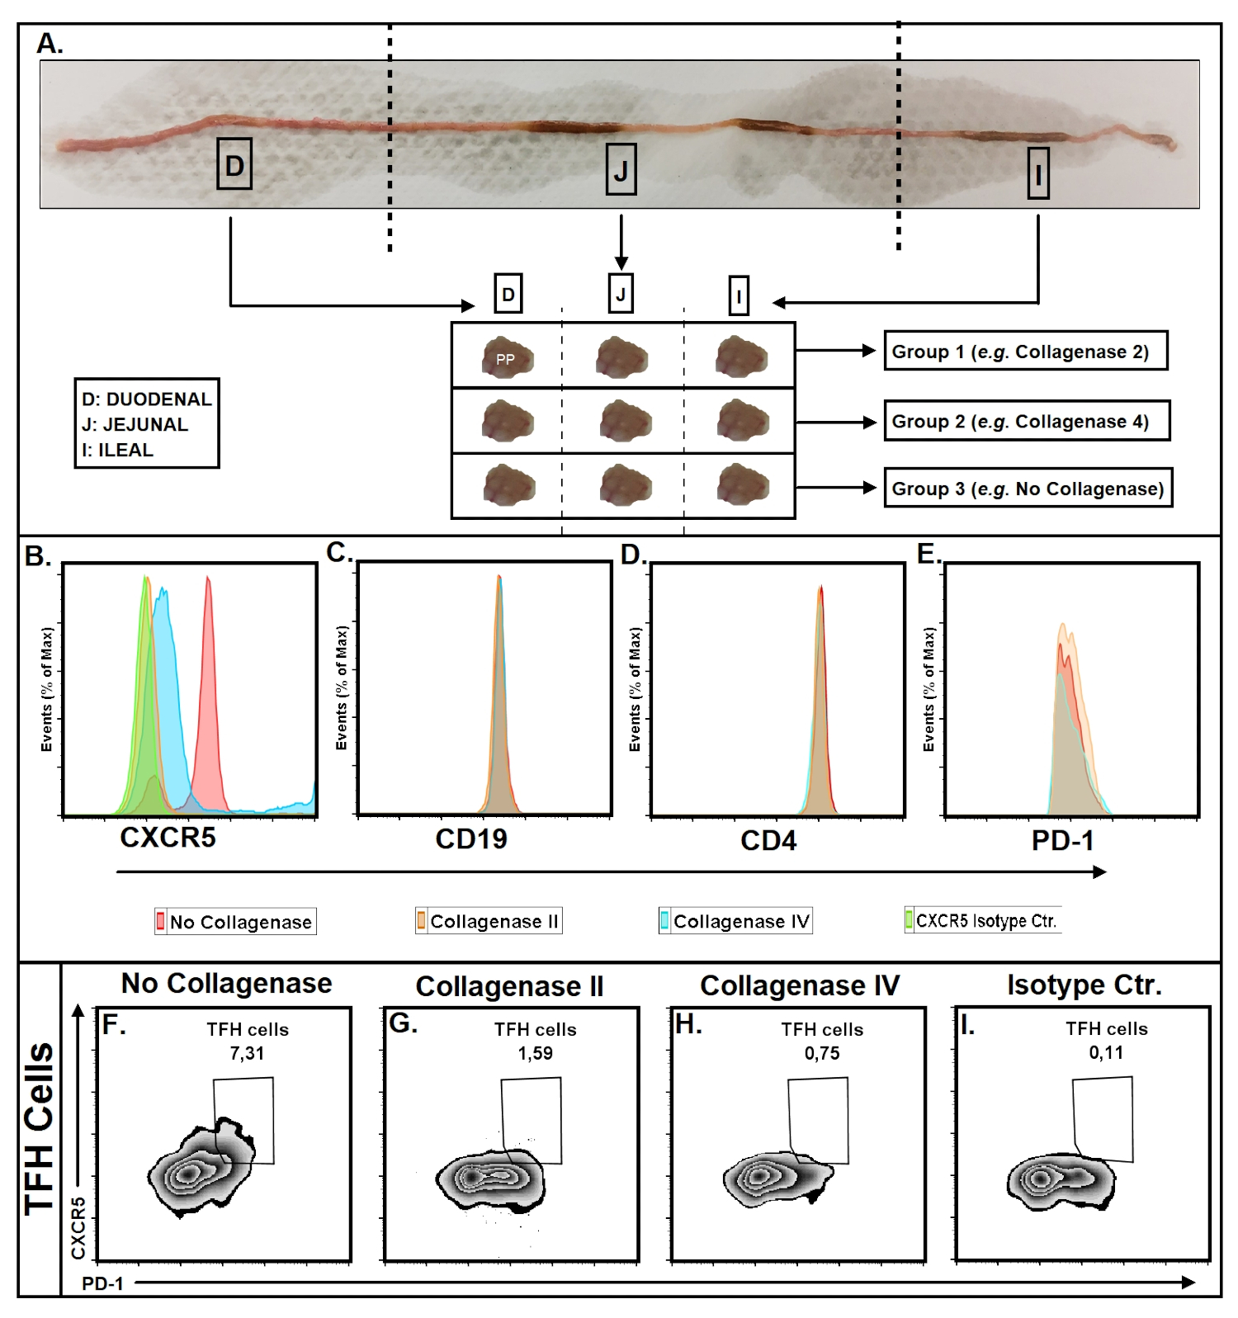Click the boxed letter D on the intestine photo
[234, 164]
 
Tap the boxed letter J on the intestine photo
[621, 169]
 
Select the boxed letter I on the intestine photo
[1038, 173]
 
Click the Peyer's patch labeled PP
[507, 358]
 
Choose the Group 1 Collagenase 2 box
[1025, 352]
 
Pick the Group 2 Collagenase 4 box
[1027, 422]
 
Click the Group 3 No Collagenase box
[1028, 489]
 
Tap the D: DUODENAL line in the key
[147, 399]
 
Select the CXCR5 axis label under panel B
[168, 838]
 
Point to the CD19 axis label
[471, 839]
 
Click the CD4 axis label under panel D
[768, 841]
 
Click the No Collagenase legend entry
[235, 922]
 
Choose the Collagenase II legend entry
[489, 921]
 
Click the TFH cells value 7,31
[247, 1053]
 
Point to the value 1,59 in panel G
[535, 1053]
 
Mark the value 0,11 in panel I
[1106, 1052]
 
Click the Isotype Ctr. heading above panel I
[1084, 985]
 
